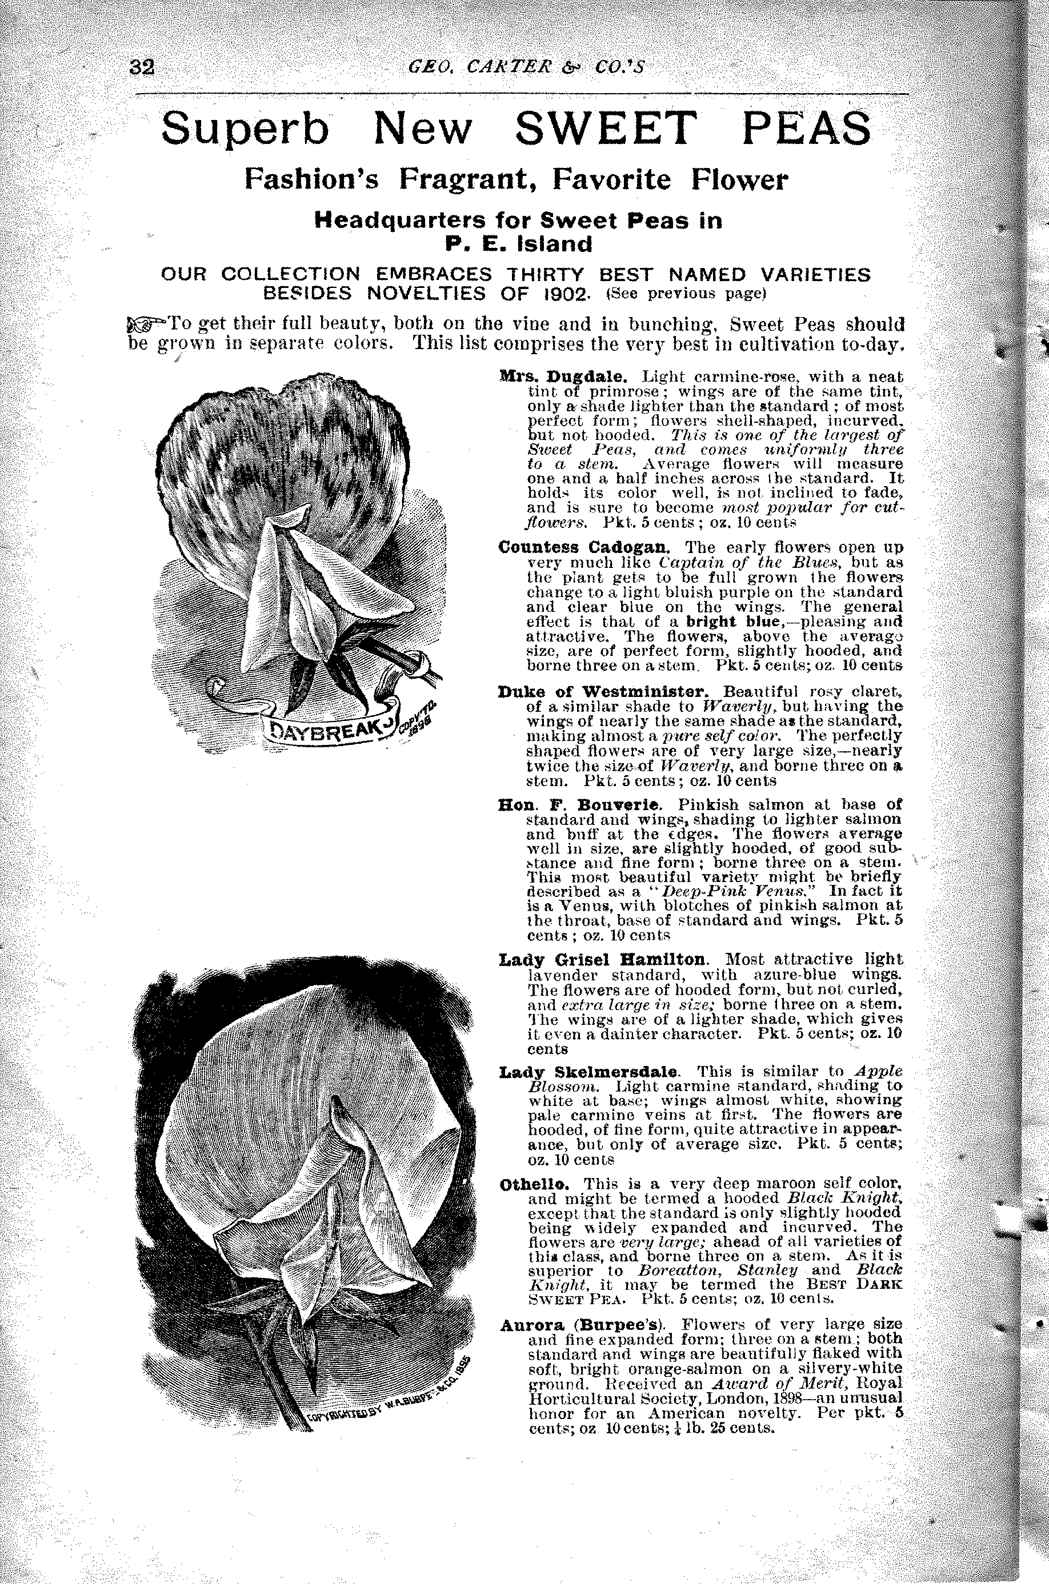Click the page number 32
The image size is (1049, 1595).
click(142, 67)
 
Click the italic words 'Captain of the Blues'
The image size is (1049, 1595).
click(723, 562)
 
